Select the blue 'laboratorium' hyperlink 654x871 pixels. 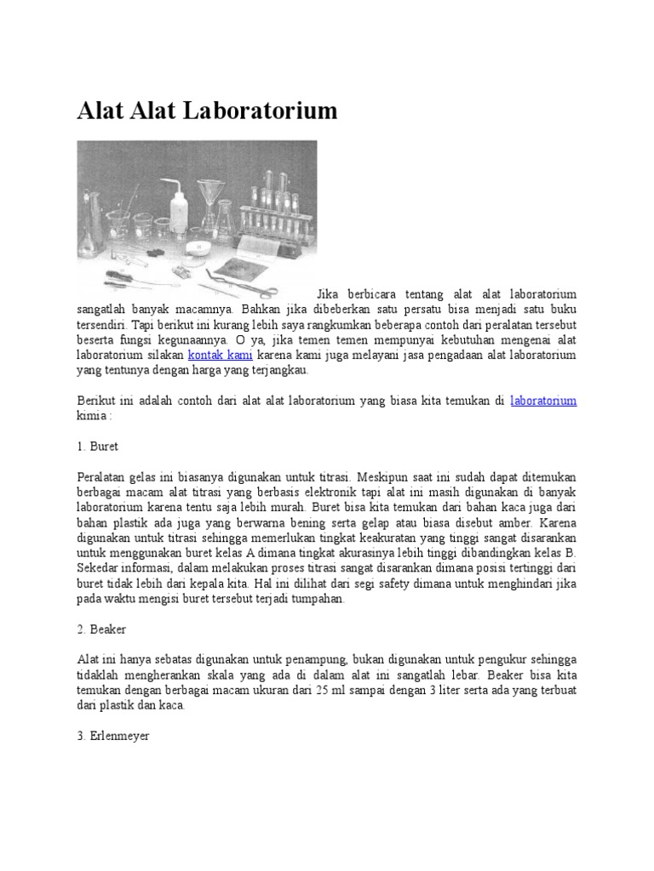pyautogui.click(x=543, y=401)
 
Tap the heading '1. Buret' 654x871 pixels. pyautogui.click(x=99, y=447)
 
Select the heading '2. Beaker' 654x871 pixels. pyautogui.click(x=102, y=630)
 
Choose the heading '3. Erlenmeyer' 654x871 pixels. pyautogui.click(x=112, y=737)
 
